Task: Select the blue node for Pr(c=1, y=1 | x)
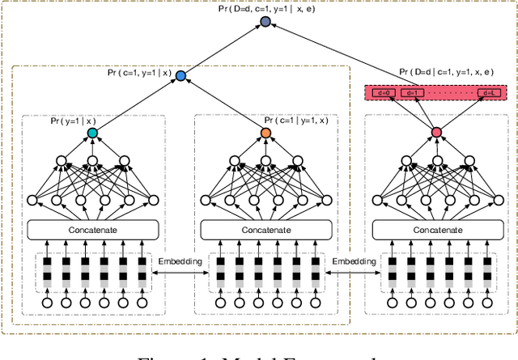[180, 76]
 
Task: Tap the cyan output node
[91, 133]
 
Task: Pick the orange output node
[265, 133]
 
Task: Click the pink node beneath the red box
[437, 133]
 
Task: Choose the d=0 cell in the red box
[383, 93]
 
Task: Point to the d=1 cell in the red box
[410, 93]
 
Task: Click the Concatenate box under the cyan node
[91, 230]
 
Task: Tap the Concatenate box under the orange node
[265, 230]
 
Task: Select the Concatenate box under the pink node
[437, 230]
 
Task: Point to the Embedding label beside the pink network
[355, 262]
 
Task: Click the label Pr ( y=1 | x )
[73, 121]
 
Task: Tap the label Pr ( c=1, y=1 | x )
[139, 72]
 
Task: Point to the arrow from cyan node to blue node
[136, 104]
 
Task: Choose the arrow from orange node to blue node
[223, 104]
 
